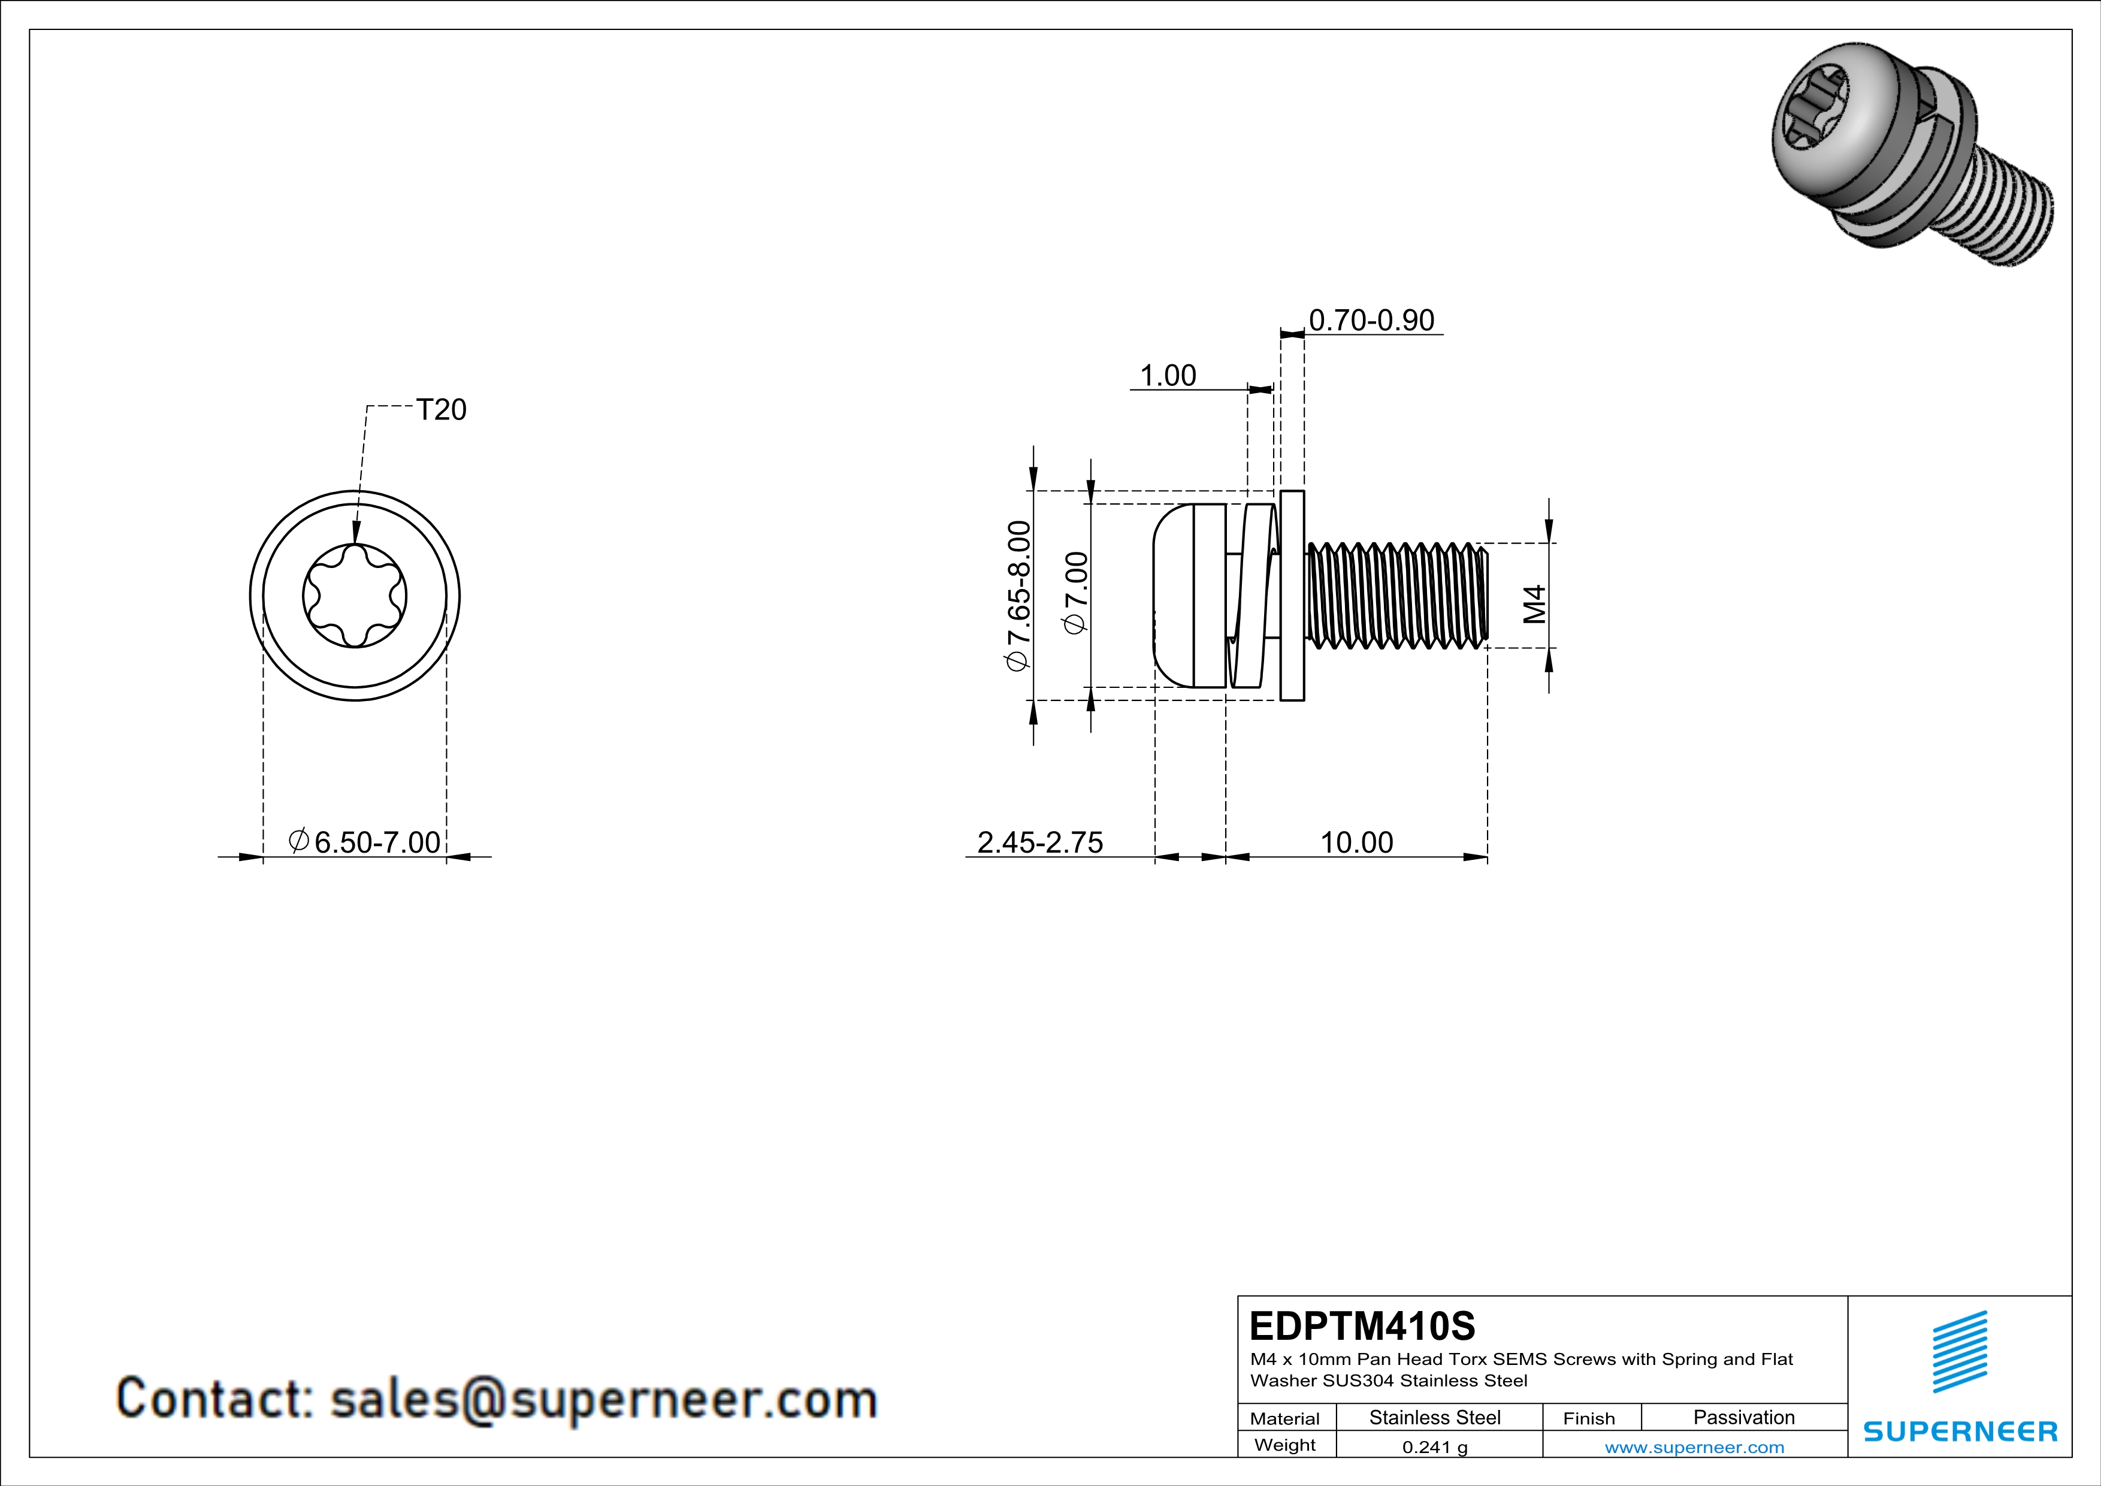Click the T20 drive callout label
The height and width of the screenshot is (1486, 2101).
click(441, 410)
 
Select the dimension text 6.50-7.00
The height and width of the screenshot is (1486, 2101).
click(376, 842)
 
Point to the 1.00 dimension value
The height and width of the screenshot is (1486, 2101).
click(1168, 376)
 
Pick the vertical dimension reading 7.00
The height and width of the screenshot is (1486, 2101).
click(1077, 593)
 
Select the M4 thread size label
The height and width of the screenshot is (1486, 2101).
click(1535, 604)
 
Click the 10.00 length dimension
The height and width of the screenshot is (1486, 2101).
click(1356, 842)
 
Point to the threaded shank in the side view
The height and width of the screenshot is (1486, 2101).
click(1395, 596)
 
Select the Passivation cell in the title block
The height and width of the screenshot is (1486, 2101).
click(1743, 1417)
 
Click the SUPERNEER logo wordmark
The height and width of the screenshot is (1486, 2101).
click(1960, 1431)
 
